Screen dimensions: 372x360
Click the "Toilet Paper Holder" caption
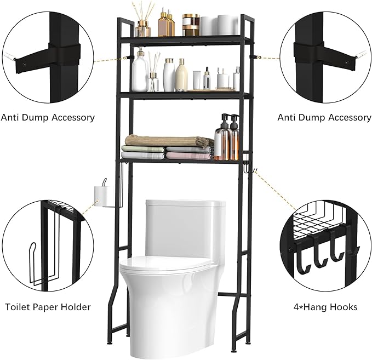(x=48, y=307)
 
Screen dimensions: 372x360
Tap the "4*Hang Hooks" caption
(x=325, y=307)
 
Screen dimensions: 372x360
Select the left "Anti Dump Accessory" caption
(x=48, y=117)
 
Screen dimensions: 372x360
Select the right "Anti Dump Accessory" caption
(x=324, y=117)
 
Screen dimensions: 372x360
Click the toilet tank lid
(x=186, y=203)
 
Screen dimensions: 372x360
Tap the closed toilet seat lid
(x=165, y=265)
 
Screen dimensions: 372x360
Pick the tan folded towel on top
(x=169, y=141)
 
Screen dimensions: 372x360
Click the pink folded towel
(x=190, y=156)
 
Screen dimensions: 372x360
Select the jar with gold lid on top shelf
(x=191, y=25)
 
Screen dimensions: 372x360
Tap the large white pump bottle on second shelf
(x=140, y=71)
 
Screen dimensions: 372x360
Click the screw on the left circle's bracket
(x=24, y=64)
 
